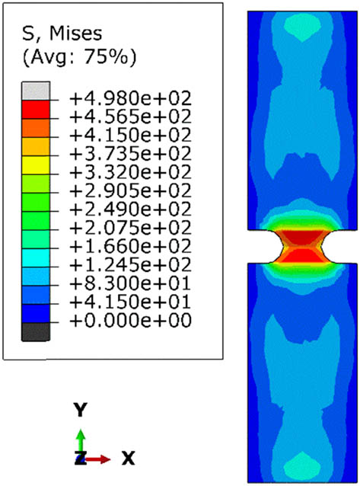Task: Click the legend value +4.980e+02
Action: click(x=130, y=98)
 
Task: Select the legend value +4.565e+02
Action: click(x=130, y=117)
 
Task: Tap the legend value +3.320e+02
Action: click(x=130, y=172)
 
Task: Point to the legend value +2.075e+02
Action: click(x=130, y=228)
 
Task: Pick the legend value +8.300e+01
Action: click(x=130, y=283)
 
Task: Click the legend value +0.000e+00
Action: click(x=130, y=320)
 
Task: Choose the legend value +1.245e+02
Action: click(x=130, y=264)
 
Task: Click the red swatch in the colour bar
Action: click(x=36, y=109)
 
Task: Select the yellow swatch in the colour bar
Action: click(x=36, y=165)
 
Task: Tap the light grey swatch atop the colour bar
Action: click(x=36, y=91)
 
